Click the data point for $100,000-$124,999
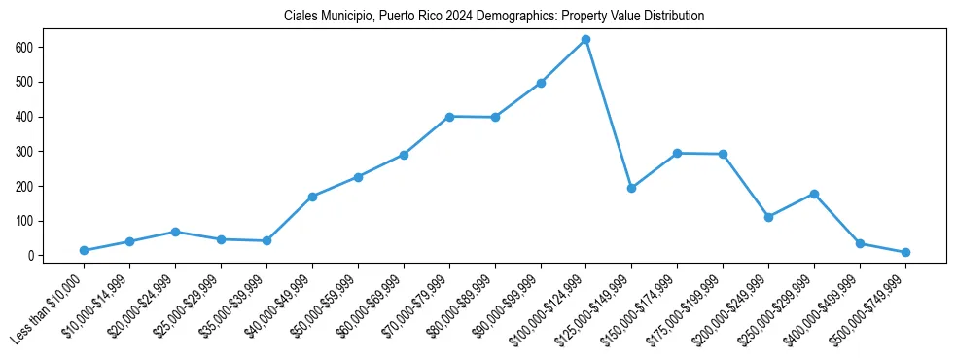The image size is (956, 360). tap(585, 39)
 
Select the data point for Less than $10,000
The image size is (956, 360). tap(84, 251)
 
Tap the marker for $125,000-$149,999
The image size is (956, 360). tap(631, 188)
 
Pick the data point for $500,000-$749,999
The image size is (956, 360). tap(905, 252)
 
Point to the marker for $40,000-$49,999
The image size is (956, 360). tap(312, 197)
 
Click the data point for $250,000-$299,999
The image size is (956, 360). tap(814, 194)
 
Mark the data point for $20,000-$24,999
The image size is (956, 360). tap(175, 232)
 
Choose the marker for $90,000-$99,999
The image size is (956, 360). tap(541, 83)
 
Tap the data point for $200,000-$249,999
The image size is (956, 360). tap(768, 217)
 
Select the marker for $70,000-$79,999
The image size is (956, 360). tap(449, 117)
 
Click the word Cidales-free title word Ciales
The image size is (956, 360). tap(301, 17)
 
